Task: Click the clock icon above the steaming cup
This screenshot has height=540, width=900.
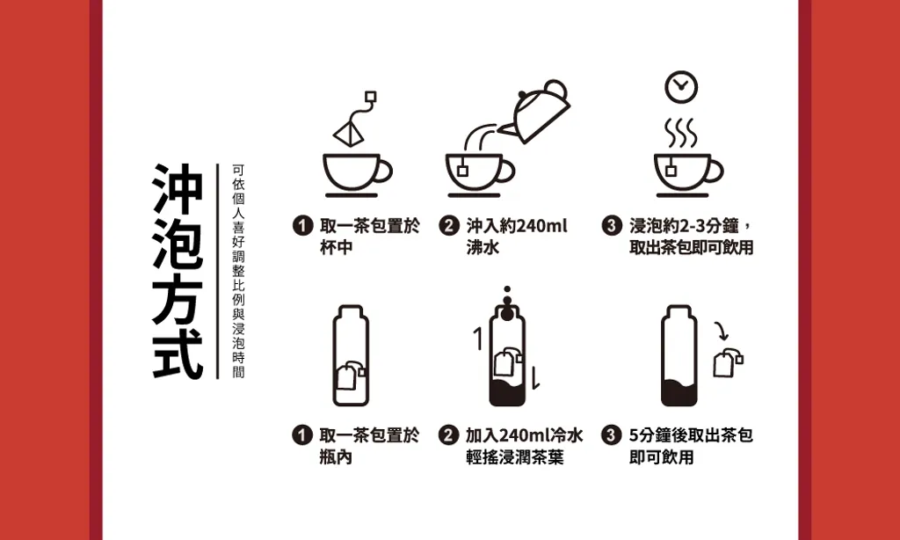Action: click(x=681, y=87)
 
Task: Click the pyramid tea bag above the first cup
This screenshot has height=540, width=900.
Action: click(x=348, y=134)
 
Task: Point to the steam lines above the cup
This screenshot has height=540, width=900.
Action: click(x=681, y=133)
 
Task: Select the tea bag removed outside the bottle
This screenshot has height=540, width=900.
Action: click(x=727, y=362)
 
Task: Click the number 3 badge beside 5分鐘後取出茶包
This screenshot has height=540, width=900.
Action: click(x=612, y=434)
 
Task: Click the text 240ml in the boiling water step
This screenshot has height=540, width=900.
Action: click(x=541, y=226)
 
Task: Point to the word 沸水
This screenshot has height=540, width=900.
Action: click(x=483, y=248)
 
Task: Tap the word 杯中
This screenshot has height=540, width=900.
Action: click(x=336, y=248)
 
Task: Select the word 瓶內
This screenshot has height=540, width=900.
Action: click(x=336, y=456)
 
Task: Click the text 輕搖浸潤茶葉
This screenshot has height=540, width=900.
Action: click(x=515, y=456)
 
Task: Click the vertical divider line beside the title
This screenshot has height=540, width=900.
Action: click(x=218, y=271)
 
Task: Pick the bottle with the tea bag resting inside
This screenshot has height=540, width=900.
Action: click(x=351, y=355)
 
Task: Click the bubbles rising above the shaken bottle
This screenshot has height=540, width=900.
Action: click(x=507, y=303)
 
